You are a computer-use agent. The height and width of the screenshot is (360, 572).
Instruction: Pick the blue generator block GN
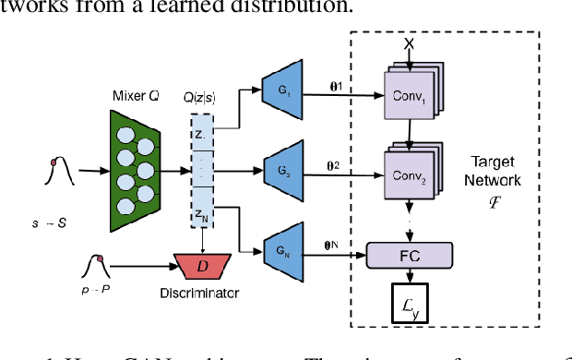tap(280, 250)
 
